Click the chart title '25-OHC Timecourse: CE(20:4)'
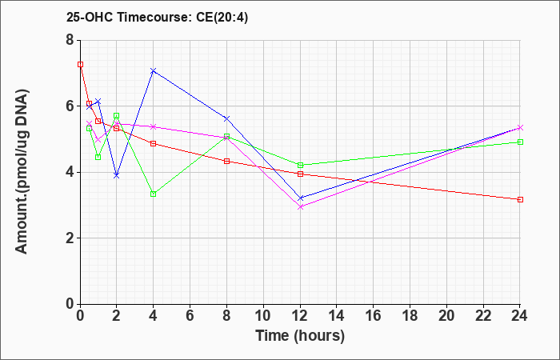(x=157, y=18)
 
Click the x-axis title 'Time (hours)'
(x=300, y=336)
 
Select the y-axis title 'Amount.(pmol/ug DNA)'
(x=22, y=172)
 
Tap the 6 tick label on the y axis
(x=70, y=106)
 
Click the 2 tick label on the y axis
(x=70, y=238)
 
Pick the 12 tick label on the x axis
(x=300, y=316)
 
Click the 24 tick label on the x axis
(x=520, y=316)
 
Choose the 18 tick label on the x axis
(x=410, y=316)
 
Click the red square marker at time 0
(x=80, y=64)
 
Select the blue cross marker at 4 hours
(x=154, y=70)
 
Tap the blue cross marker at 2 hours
(x=117, y=176)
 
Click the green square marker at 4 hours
(x=154, y=194)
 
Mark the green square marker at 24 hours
(x=520, y=142)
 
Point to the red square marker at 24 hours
(x=520, y=200)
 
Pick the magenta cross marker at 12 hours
(x=300, y=206)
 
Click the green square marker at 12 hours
(x=300, y=165)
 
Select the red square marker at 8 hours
(x=226, y=161)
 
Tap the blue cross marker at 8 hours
(x=226, y=118)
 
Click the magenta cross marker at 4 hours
(x=154, y=126)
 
